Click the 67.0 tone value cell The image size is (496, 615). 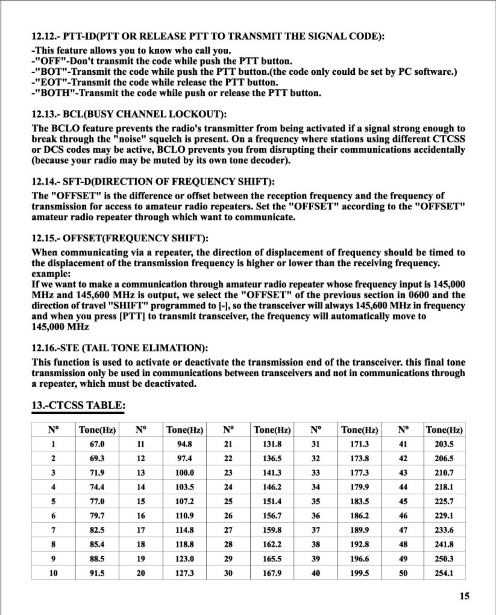click(97, 444)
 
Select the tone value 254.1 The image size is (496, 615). click(444, 573)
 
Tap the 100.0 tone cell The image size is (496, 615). click(184, 473)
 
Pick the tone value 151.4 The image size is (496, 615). click(272, 501)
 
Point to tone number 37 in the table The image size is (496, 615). click(315, 530)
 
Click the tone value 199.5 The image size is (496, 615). click(359, 573)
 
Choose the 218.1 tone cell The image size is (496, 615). click(444, 487)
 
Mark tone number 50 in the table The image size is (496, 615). click(403, 573)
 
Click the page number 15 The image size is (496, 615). click(464, 596)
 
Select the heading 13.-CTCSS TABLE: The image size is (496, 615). click(78, 405)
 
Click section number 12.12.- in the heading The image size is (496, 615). click(46, 36)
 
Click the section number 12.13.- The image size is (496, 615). click(46, 114)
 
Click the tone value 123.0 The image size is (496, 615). click(184, 559)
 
